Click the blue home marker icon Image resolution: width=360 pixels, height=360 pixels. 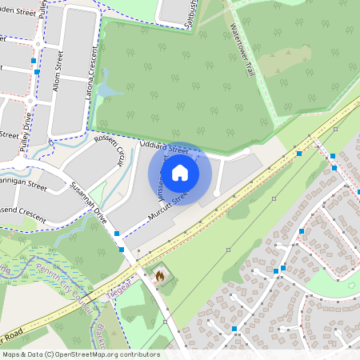pos(180,173)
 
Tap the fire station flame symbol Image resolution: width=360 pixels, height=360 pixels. pos(160,276)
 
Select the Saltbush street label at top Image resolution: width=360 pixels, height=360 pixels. pos(170,12)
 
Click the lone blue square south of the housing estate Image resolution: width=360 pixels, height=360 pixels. pos(234,329)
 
